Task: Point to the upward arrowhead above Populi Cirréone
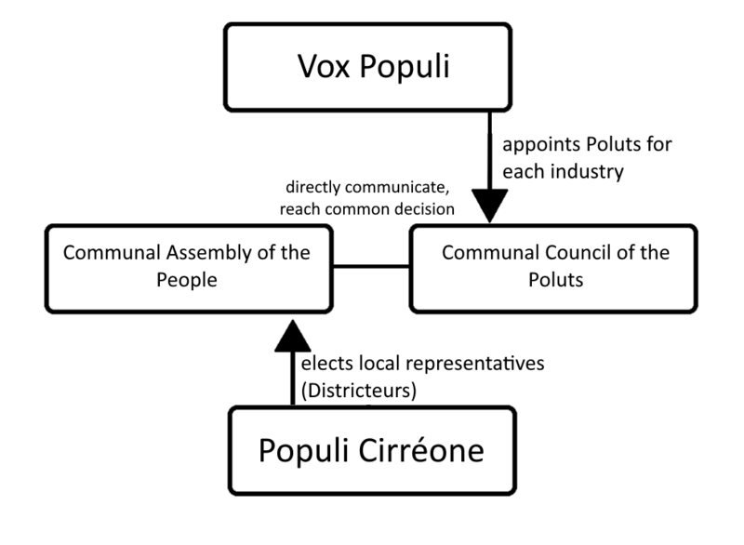tap(291, 331)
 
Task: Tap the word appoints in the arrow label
tap(535, 146)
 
